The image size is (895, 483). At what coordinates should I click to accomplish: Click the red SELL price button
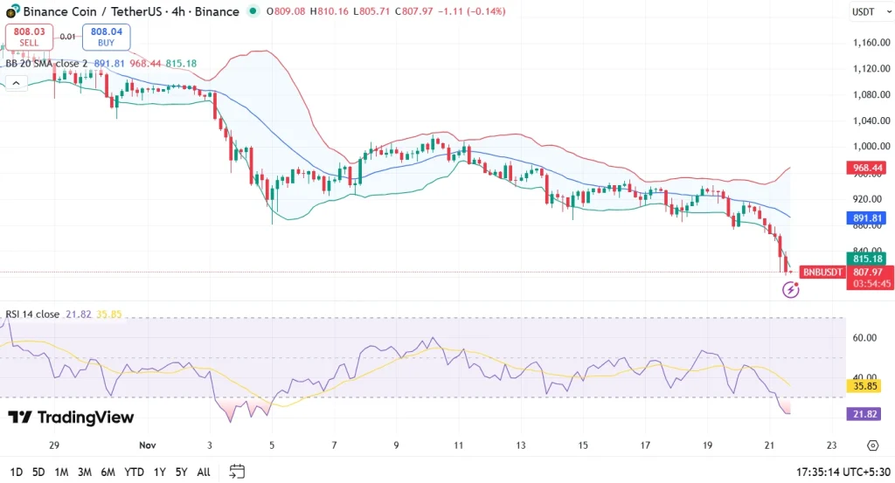pos(28,37)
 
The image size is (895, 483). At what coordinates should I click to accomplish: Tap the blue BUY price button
pos(105,37)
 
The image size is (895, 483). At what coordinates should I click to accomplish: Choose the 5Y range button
pos(181,472)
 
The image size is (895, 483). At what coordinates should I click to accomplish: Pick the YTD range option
pos(134,472)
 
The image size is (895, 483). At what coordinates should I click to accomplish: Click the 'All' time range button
pos(204,472)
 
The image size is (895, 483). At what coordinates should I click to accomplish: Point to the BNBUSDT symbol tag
pos(822,273)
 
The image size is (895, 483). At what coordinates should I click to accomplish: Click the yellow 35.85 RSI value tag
pos(866,385)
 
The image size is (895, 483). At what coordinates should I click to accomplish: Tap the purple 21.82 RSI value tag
pos(866,413)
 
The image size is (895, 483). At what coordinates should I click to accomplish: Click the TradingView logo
pos(72,417)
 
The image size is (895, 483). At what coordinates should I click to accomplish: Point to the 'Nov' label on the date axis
pos(147,445)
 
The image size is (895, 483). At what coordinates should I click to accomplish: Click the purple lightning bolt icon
pos(790,289)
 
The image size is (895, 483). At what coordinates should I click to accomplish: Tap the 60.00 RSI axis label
pos(864,337)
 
